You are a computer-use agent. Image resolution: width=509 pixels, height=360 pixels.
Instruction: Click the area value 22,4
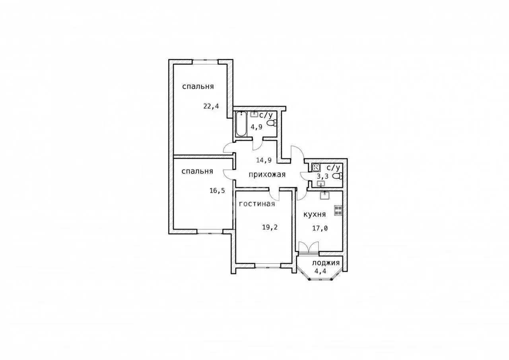click(211, 106)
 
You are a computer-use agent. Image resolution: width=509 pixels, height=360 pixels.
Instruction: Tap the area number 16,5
click(217, 191)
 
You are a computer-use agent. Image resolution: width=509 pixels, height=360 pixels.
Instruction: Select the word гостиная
click(257, 204)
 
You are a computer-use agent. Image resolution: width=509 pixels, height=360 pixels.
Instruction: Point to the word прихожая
click(267, 175)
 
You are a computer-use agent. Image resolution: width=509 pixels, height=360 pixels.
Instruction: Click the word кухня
click(315, 214)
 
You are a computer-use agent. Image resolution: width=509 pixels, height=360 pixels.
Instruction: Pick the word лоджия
click(326, 263)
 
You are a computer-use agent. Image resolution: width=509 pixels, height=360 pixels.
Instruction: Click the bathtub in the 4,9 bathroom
click(241, 124)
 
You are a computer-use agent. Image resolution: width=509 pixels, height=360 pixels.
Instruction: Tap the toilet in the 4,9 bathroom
click(272, 123)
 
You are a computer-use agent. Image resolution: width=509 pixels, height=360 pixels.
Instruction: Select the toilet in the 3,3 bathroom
click(338, 176)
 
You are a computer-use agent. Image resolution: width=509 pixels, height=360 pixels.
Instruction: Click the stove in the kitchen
click(338, 210)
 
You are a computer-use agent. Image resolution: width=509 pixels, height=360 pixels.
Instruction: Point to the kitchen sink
click(325, 195)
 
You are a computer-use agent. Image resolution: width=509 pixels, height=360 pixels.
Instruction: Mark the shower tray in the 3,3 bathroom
click(316, 168)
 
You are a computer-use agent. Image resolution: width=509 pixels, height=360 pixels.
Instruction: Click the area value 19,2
click(270, 227)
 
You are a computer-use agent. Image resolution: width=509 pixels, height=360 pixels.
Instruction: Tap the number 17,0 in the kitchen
click(320, 228)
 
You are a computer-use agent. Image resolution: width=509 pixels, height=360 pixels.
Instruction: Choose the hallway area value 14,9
click(264, 160)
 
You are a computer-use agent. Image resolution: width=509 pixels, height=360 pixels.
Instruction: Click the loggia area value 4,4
click(320, 271)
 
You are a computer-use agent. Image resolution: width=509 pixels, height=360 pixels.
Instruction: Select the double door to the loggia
click(309, 247)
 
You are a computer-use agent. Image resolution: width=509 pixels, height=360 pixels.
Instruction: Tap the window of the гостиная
click(268, 265)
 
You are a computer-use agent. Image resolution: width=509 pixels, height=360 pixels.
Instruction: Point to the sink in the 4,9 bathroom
click(254, 114)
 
